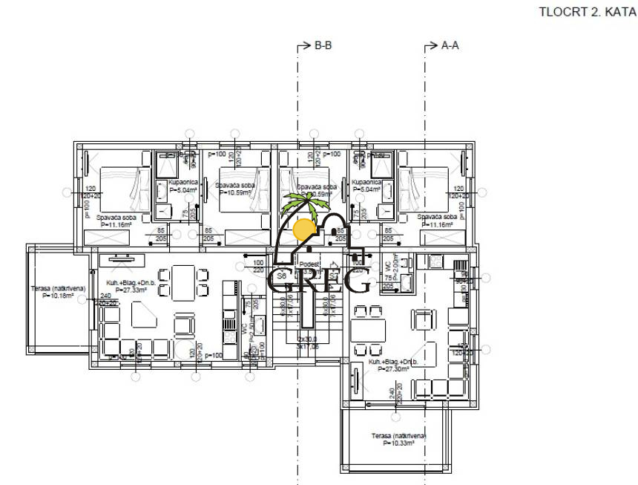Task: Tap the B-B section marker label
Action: tap(323, 45)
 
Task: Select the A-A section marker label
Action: tap(450, 45)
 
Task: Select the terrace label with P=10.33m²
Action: tap(398, 439)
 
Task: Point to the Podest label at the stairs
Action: tap(309, 264)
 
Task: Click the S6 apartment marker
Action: tap(280, 276)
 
